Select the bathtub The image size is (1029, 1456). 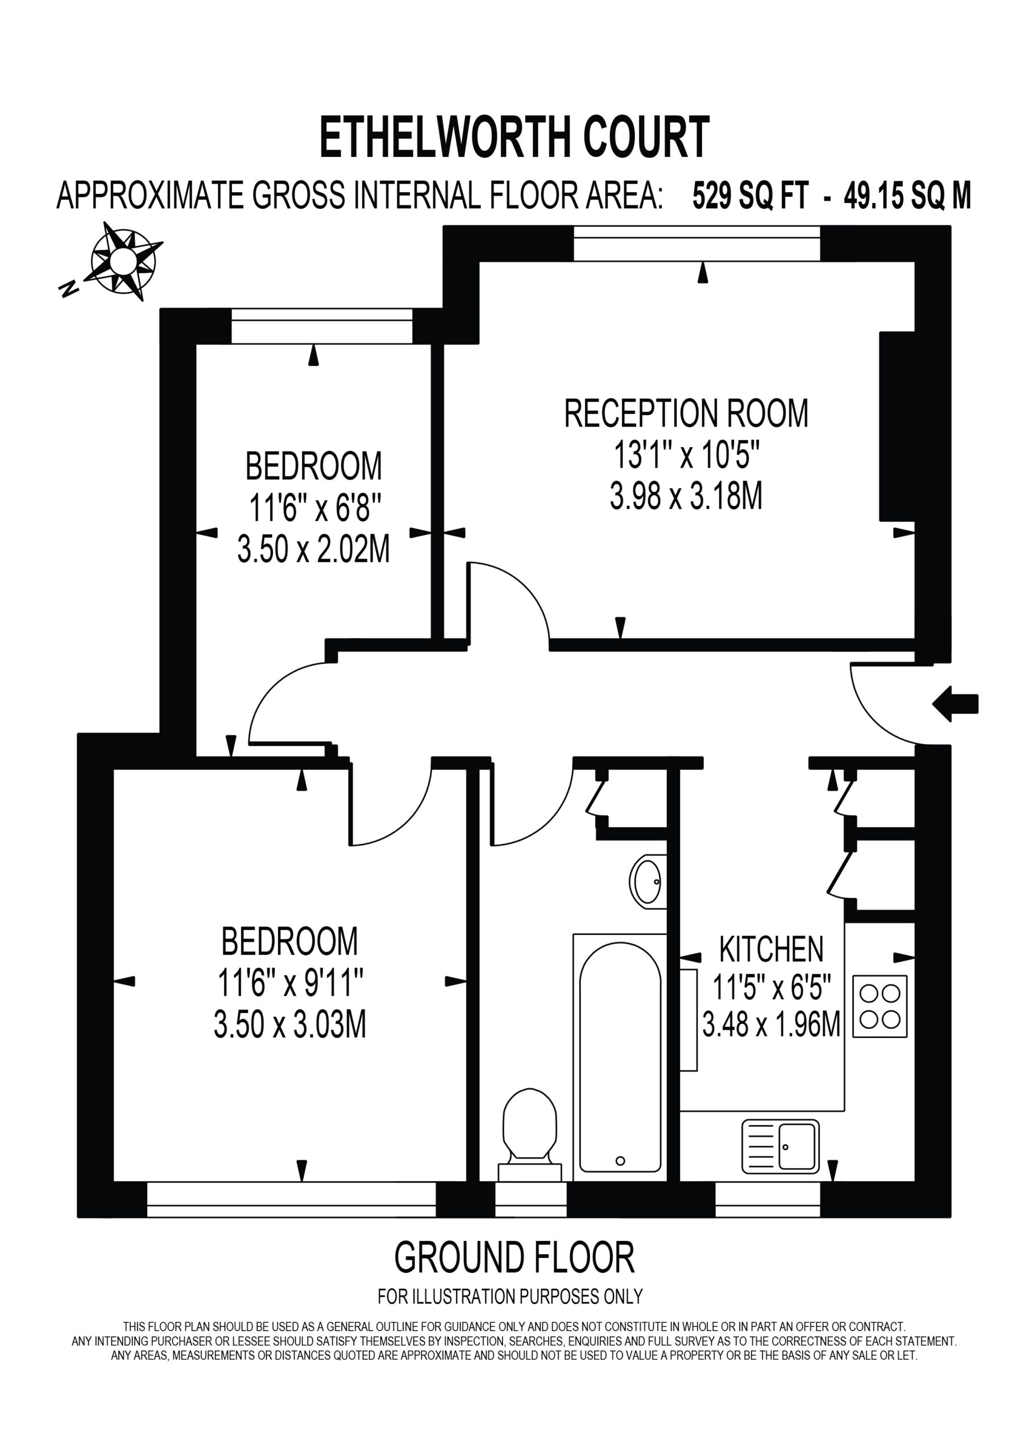pyautogui.click(x=620, y=1057)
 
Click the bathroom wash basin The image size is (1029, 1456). pyautogui.click(x=648, y=882)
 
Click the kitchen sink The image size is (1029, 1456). pyautogui.click(x=781, y=1147)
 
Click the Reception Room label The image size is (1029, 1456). pyautogui.click(x=687, y=413)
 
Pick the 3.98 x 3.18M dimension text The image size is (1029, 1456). pyautogui.click(x=687, y=495)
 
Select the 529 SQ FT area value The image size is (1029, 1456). pyautogui.click(x=750, y=195)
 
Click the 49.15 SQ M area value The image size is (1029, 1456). pyautogui.click(x=907, y=195)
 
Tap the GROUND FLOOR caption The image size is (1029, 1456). pyautogui.click(x=514, y=1258)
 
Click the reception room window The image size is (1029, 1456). pyautogui.click(x=697, y=243)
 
